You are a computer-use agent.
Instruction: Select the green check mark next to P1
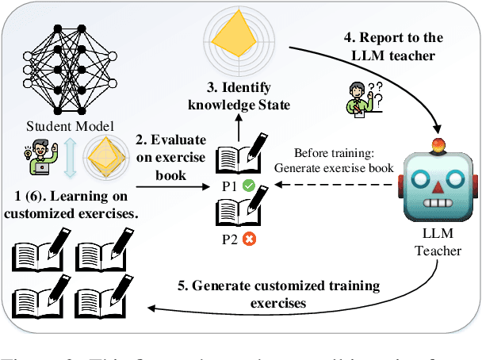point(248,186)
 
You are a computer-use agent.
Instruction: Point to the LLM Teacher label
point(438,242)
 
